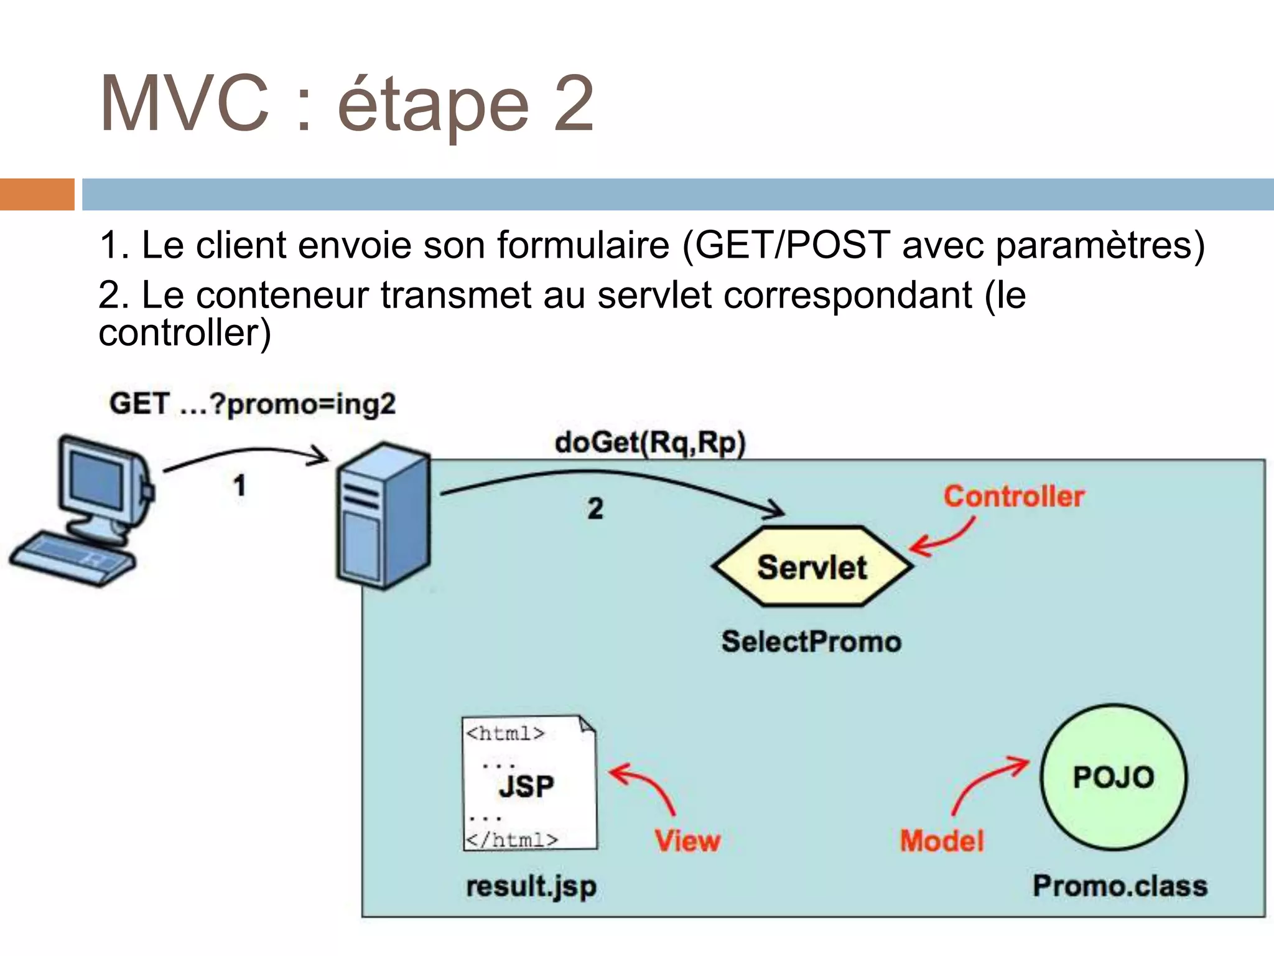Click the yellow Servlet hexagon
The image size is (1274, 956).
812,567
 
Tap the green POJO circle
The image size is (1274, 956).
1114,777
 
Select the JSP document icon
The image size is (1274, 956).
529,783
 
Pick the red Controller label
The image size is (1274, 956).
1013,497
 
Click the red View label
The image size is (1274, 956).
687,841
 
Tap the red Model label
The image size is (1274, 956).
942,841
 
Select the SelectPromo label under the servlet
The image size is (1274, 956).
811,642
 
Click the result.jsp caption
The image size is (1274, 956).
531,886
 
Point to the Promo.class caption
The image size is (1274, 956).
1120,886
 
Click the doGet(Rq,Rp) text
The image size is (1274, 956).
650,443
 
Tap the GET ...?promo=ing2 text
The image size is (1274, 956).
252,405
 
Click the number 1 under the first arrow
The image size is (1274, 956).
239,485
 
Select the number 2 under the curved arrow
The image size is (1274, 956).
595,509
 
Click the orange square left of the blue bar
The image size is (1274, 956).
37,194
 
